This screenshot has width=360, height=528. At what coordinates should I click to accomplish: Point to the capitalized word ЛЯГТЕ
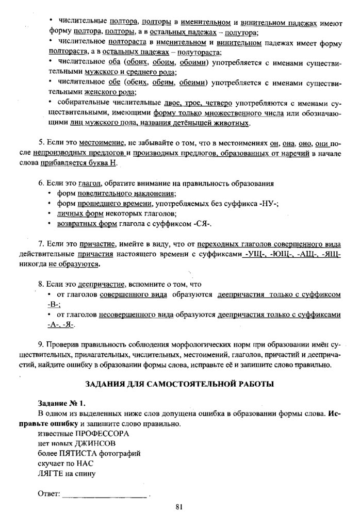point(50,473)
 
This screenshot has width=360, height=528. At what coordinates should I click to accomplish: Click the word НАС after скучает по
point(85,463)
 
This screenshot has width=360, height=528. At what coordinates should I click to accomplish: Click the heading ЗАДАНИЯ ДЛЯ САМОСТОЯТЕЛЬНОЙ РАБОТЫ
point(180,384)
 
